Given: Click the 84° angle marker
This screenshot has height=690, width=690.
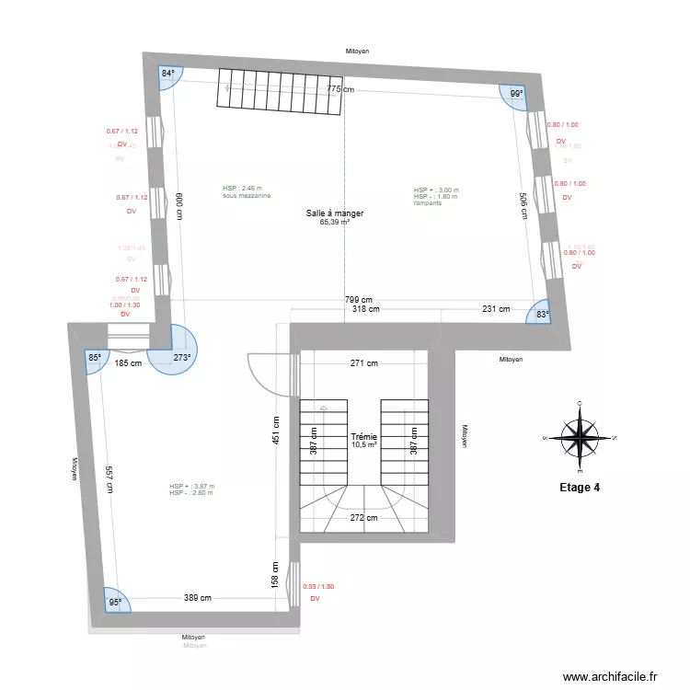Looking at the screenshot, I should click(168, 74).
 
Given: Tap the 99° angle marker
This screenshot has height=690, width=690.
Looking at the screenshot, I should click(516, 94).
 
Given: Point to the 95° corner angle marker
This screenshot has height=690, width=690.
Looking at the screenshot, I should click(115, 603).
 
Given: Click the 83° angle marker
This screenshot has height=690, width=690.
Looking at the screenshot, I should click(543, 315).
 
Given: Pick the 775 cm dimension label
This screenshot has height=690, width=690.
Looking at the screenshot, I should click(340, 89).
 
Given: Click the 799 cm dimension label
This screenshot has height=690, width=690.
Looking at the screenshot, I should click(358, 299).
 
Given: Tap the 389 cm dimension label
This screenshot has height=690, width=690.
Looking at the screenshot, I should click(197, 598).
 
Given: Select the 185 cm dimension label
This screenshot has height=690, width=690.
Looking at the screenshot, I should click(128, 362).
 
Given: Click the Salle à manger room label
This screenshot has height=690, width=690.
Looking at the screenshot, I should click(335, 213).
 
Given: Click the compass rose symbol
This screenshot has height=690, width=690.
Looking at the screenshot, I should click(580, 438).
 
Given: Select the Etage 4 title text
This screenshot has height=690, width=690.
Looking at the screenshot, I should click(580, 488).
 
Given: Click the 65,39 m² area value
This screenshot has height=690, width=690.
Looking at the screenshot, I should click(335, 222).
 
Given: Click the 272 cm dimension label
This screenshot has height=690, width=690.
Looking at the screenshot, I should click(363, 517).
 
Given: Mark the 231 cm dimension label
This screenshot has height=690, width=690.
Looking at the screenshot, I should click(496, 309).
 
